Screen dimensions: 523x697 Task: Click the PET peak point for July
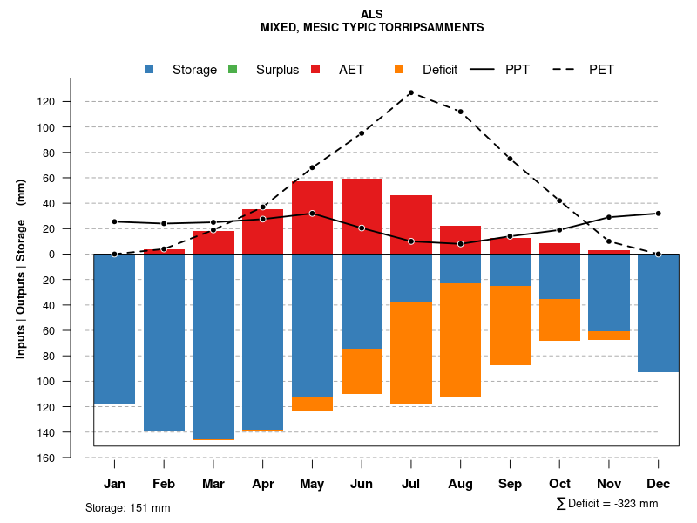tap(410, 92)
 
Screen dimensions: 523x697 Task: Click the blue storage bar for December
tap(658, 313)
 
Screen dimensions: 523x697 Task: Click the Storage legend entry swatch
tap(150, 70)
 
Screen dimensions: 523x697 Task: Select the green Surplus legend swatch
tap(232, 70)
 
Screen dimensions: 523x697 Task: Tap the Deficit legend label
tap(440, 70)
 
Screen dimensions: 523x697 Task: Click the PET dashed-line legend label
tap(601, 70)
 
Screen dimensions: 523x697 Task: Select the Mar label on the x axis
tap(213, 484)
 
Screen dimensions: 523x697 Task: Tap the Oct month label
tap(559, 484)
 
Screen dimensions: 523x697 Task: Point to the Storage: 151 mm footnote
tap(127, 507)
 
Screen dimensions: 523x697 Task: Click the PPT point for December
tap(658, 214)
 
